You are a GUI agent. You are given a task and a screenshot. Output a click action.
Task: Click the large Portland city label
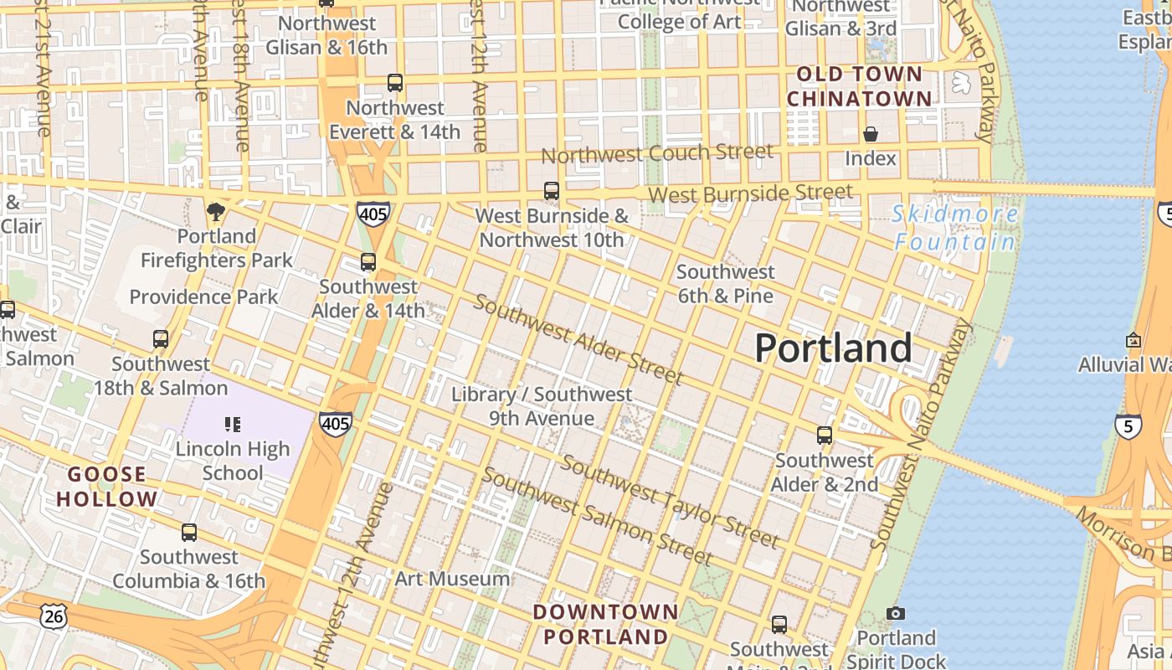pos(833,348)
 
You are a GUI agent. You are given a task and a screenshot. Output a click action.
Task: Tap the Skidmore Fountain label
pos(955,228)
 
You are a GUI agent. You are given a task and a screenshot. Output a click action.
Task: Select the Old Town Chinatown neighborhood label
pos(859,86)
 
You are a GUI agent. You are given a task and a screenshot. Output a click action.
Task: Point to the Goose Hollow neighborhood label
pos(107,487)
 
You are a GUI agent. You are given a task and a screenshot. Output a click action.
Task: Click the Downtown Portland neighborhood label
pos(605,624)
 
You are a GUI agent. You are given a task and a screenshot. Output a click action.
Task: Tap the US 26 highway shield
pos(52,616)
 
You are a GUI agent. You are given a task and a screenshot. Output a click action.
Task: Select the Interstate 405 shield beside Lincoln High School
pos(335,424)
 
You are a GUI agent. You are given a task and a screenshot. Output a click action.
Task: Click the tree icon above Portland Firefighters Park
pos(216,211)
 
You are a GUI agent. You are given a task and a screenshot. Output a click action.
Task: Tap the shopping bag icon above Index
pos(871,134)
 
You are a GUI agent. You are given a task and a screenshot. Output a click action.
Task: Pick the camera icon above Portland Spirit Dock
pos(896,614)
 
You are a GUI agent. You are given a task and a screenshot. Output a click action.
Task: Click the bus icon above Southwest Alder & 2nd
pos(825,435)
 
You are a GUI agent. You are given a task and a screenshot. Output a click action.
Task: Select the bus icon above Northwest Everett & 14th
pos(395,83)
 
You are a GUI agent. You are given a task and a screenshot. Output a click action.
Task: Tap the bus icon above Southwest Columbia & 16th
pos(189,532)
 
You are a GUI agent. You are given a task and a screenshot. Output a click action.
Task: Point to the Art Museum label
pos(452,579)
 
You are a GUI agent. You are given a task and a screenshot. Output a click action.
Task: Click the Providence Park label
pos(203,296)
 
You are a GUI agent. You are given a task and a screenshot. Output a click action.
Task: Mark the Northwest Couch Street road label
pos(657,154)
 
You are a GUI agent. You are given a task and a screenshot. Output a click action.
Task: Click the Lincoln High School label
pos(233,461)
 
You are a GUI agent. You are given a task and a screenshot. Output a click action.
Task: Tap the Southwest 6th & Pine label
pos(725,283)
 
